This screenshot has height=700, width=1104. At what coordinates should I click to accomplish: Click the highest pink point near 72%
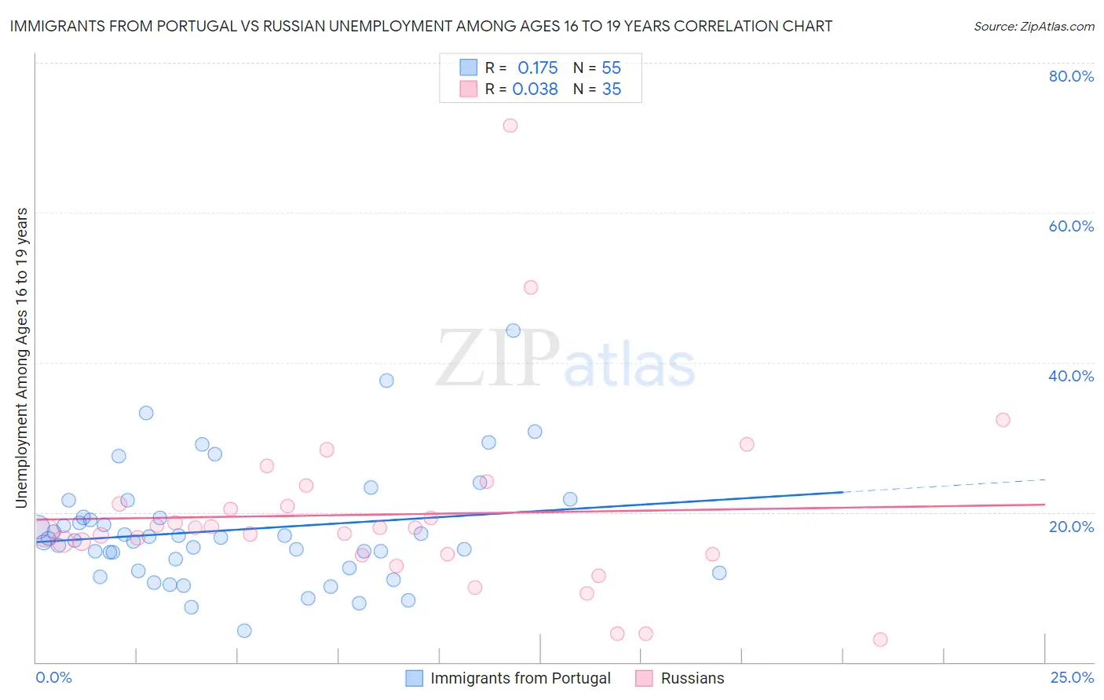(x=510, y=126)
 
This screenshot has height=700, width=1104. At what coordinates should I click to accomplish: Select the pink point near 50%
(x=531, y=287)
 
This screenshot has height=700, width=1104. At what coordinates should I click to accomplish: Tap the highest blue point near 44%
(x=514, y=330)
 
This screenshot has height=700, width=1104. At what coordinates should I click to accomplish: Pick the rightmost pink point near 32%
(x=1003, y=420)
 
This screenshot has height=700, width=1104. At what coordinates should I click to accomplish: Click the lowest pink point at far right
(x=880, y=640)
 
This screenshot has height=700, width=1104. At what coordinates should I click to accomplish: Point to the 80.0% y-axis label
(x=1071, y=77)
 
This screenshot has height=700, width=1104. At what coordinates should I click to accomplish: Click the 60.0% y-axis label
(x=1071, y=227)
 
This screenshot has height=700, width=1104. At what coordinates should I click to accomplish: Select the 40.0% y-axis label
(x=1071, y=377)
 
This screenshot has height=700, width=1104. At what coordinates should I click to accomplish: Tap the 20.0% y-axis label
(x=1071, y=527)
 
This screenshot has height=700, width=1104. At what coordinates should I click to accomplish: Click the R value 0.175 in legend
(x=537, y=68)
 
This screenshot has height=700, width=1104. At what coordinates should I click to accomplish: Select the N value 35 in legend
(x=612, y=89)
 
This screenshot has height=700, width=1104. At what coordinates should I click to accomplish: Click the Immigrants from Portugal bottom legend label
(x=520, y=679)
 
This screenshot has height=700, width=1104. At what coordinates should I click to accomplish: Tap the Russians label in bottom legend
(x=692, y=679)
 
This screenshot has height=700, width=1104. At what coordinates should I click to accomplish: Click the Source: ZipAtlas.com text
(x=1034, y=27)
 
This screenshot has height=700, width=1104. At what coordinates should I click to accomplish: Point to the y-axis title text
(x=21, y=358)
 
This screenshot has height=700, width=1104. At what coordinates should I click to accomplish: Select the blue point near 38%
(x=386, y=381)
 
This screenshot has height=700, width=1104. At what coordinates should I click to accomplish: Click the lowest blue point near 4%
(x=244, y=631)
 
